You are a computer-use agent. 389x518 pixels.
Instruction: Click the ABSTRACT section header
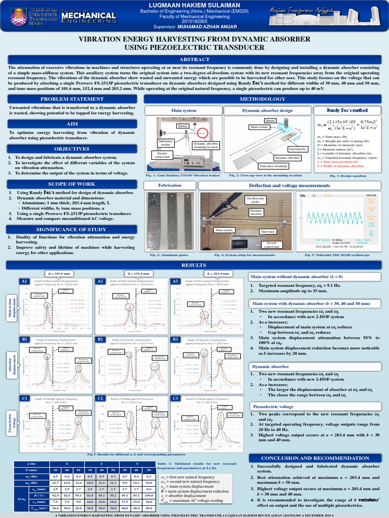point(194,60)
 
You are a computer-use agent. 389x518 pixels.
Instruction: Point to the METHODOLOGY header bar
point(262,99)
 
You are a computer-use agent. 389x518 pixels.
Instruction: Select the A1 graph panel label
point(23,281)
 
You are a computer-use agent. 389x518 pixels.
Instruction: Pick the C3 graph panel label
point(175,399)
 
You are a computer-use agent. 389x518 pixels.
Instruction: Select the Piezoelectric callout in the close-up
point(297,149)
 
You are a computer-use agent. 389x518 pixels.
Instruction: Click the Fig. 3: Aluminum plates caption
point(170,255)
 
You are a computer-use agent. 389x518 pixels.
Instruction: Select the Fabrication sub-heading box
point(170,185)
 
